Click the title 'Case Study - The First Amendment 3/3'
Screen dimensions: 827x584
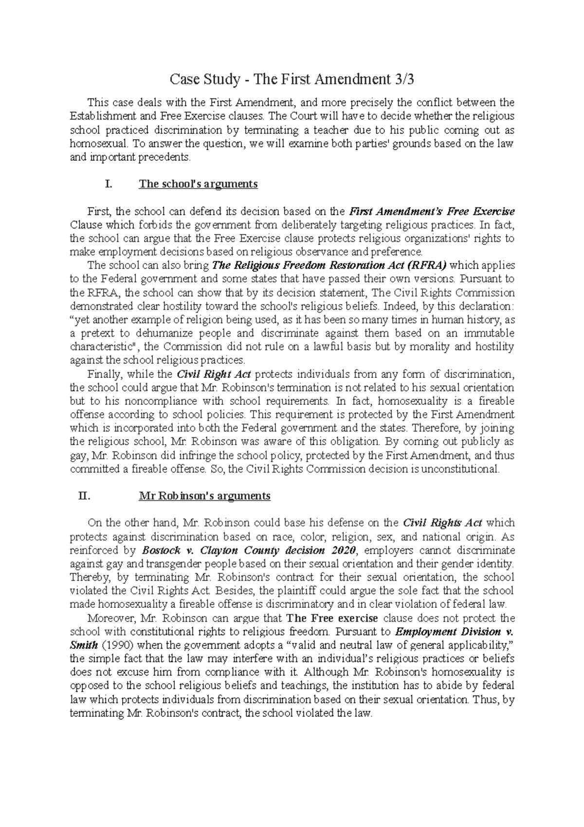pos(292,79)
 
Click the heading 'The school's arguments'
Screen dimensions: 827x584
pos(198,184)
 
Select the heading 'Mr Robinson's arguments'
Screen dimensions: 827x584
pos(204,496)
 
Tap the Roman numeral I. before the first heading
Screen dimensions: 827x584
pos(109,184)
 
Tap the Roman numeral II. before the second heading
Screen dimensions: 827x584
pos(84,496)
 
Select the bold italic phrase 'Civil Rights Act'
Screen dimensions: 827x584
pos(443,523)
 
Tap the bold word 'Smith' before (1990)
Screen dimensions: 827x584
pos(84,645)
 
